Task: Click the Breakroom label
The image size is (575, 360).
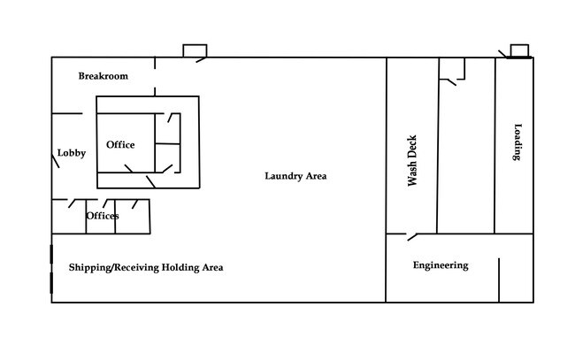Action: coord(103,76)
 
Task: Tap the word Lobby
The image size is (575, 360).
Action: coord(72,152)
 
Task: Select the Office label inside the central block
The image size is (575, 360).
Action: coord(120,144)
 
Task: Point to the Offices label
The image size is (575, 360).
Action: coord(103,216)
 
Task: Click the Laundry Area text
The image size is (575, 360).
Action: coord(295,176)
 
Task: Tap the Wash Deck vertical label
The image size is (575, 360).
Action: coord(412,161)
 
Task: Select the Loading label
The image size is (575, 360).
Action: coord(517,142)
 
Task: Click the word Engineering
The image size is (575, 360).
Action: coord(441,265)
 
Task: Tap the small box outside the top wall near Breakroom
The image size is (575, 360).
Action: coord(195,50)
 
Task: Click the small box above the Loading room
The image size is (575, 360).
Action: coord(519,50)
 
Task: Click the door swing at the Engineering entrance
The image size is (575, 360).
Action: coord(412,237)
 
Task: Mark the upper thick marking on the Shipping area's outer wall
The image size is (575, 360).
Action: coord(51,254)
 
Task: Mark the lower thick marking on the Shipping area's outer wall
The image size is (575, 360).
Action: coord(51,283)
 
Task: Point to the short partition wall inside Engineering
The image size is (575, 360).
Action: coord(499,280)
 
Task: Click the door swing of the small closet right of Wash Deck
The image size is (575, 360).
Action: coord(452,82)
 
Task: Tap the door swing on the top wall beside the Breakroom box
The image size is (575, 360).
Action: coord(202,60)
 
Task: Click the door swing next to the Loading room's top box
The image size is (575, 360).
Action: coord(502,54)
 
